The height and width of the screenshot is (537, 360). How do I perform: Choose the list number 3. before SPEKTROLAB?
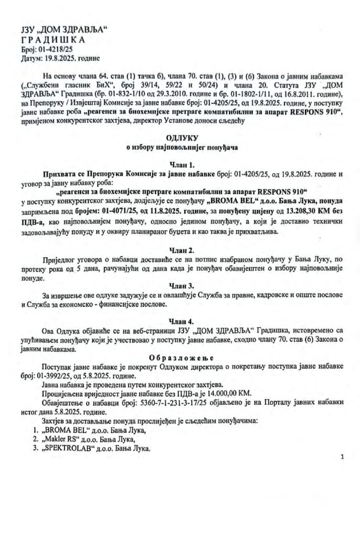coord(36,449)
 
